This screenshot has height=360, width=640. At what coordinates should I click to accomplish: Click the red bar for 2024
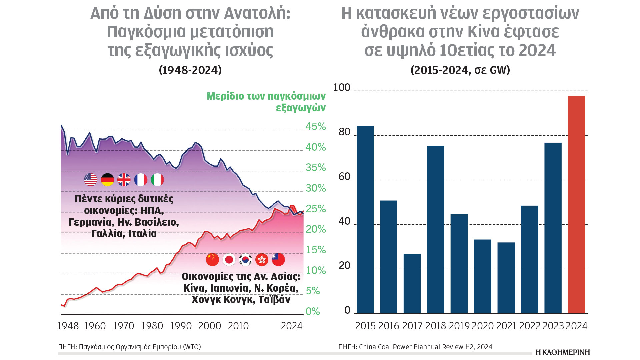click(576, 205)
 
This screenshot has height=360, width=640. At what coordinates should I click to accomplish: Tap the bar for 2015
click(365, 220)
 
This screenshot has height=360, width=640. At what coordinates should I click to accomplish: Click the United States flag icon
click(91, 180)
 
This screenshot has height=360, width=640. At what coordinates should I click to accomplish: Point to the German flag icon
click(107, 180)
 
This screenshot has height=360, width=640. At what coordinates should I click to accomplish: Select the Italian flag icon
click(157, 180)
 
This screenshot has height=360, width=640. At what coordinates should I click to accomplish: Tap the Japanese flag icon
click(229, 260)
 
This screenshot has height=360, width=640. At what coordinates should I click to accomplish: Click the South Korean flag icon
click(246, 260)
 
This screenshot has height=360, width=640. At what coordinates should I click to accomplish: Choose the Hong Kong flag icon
click(262, 260)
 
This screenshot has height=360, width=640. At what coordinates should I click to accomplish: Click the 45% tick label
click(316, 127)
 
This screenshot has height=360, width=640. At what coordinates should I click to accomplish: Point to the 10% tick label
click(316, 270)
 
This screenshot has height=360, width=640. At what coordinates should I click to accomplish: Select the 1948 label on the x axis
click(68, 326)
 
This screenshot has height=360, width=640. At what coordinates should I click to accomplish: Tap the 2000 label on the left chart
click(210, 326)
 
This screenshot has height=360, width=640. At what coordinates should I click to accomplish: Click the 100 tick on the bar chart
click(342, 88)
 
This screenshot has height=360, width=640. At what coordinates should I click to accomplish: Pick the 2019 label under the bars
click(459, 326)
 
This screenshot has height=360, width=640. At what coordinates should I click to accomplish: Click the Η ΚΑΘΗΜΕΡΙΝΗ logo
click(563, 352)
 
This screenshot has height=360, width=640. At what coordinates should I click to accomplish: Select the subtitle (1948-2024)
click(190, 70)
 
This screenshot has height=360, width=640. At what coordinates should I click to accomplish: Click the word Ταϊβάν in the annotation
click(274, 300)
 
